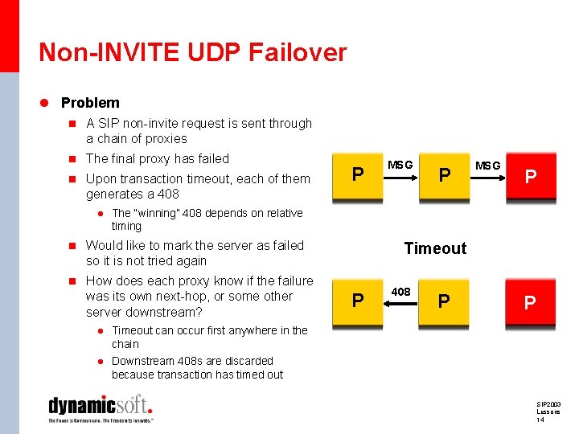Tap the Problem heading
click(x=90, y=103)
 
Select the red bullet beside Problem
click(x=45, y=103)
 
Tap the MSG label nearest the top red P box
click(x=487, y=166)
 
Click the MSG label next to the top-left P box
click(x=400, y=165)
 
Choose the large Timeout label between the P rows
click(x=435, y=248)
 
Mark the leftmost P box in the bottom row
click(x=358, y=301)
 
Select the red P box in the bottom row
click(x=529, y=302)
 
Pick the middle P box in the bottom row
click(x=443, y=301)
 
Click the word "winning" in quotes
click(x=155, y=213)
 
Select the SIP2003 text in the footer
click(x=549, y=403)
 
